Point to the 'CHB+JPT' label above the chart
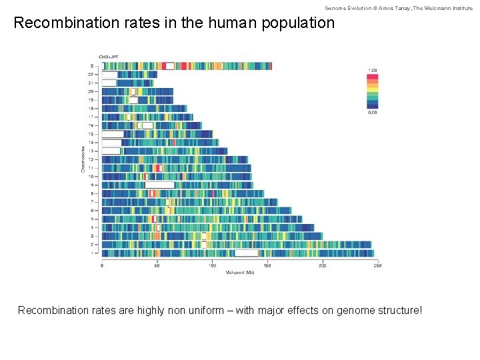108,57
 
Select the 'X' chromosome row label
93,66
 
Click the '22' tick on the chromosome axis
91,75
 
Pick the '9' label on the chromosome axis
93,185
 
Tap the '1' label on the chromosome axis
93,253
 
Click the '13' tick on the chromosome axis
91,151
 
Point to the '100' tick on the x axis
212,266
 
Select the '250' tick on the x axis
377,266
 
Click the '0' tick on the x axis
102,266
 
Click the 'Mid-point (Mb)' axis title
240,273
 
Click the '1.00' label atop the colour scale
373,70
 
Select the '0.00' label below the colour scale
373,112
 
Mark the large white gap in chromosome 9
160,185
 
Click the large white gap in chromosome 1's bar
246,253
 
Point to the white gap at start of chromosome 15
112,134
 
